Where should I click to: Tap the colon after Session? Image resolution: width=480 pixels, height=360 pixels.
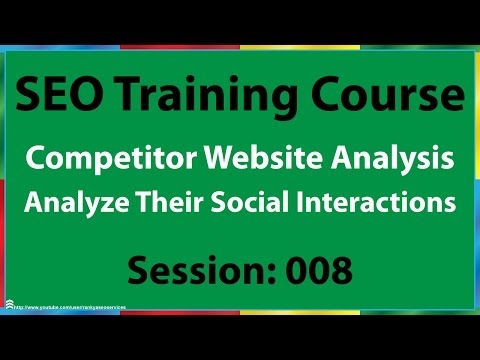262,270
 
